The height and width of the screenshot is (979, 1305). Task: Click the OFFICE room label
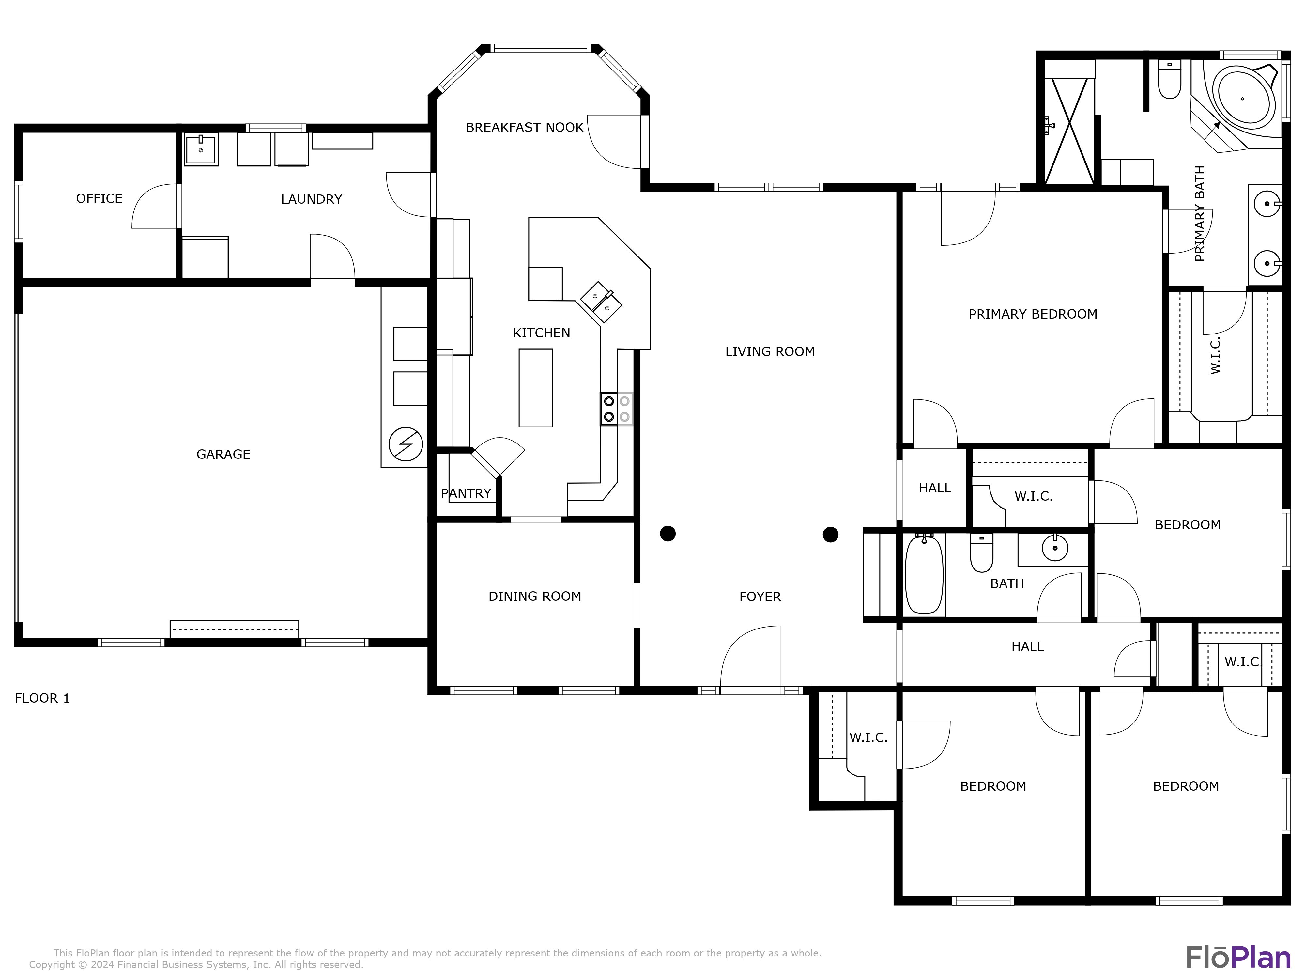(99, 199)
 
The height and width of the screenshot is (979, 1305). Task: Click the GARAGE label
(223, 454)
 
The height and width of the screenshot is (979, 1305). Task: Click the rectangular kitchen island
(536, 388)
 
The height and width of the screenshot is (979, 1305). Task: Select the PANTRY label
(466, 493)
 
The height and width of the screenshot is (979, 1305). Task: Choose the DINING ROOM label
(534, 597)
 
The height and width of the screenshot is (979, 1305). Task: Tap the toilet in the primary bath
(1169, 82)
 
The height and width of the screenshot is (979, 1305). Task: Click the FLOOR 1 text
(42, 699)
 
